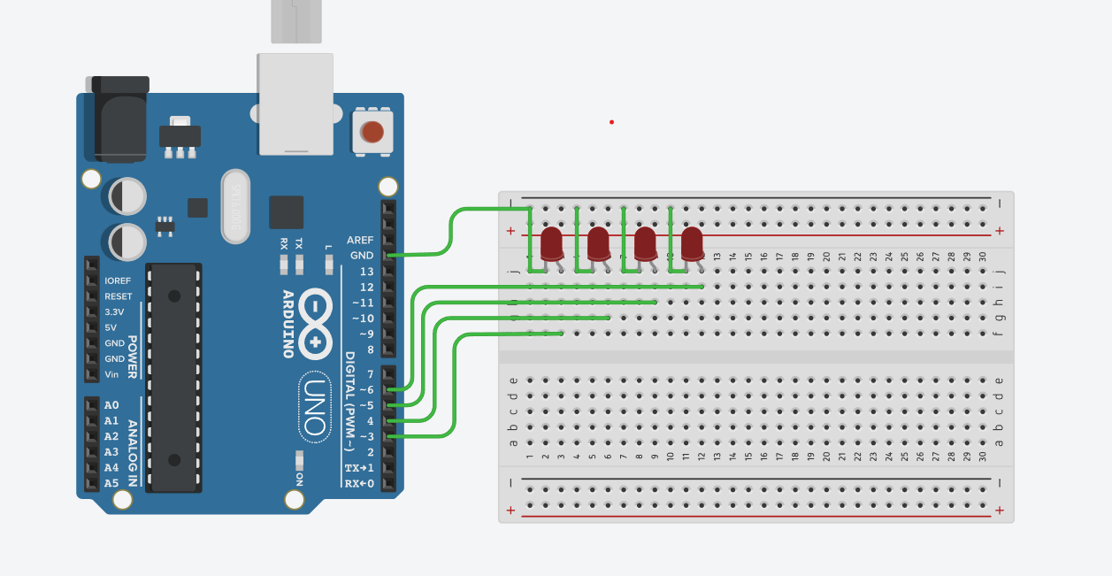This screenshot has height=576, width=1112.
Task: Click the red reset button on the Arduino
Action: [372, 132]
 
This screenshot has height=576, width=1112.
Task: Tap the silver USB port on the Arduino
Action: [295, 103]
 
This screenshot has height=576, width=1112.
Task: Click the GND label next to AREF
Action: [362, 256]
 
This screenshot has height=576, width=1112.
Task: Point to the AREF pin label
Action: [360, 240]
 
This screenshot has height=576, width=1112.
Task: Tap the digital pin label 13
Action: [366, 272]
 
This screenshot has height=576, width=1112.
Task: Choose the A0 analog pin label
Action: [111, 405]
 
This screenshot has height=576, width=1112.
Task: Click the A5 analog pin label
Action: [111, 483]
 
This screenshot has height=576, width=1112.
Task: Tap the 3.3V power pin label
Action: [114, 312]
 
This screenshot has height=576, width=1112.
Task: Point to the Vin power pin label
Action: [111, 374]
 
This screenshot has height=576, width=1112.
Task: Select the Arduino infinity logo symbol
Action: [315, 324]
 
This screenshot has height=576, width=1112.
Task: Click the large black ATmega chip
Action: [174, 376]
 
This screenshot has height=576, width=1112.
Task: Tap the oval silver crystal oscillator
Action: [236, 204]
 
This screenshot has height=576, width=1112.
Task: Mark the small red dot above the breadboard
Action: [611, 122]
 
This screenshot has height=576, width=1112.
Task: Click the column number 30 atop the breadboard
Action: [982, 257]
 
